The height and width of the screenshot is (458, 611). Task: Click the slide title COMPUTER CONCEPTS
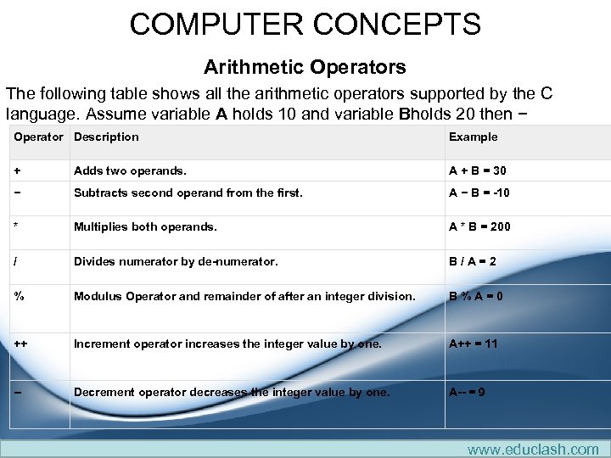tap(305, 24)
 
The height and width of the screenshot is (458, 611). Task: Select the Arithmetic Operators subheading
tap(305, 66)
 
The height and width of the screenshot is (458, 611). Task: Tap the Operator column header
tap(38, 137)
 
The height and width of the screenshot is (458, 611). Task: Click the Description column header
tap(106, 137)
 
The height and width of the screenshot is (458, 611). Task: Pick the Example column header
tap(473, 137)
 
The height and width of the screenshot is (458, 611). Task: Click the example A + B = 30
tap(477, 170)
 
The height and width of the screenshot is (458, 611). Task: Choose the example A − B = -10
tap(479, 193)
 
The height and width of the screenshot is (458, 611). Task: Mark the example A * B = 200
tap(479, 227)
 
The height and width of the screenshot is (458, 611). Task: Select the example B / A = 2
tap(472, 261)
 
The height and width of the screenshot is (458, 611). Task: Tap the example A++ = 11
tap(473, 343)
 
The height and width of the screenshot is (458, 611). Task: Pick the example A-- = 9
tap(467, 392)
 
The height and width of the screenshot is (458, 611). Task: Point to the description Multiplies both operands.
tap(145, 227)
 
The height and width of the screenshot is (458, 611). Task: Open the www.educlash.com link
tap(533, 449)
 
